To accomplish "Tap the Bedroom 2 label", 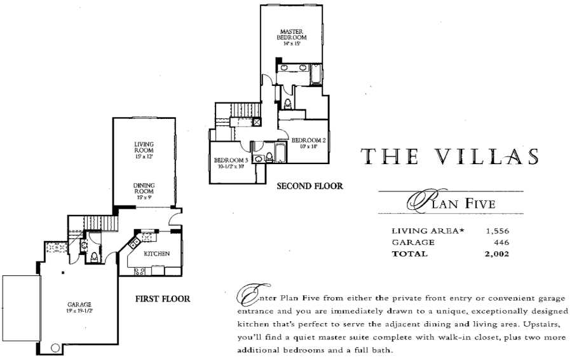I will click(309, 140).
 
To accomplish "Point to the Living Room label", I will click(144, 148).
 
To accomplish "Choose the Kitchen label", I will click(156, 253).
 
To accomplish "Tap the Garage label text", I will click(80, 304).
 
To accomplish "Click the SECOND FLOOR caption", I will click(310, 186).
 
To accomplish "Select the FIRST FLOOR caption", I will click(163, 298).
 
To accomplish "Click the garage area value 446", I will click(501, 242).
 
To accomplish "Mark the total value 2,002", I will click(496, 254).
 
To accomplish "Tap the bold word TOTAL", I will click(410, 254).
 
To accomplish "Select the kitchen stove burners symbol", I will click(140, 270).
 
